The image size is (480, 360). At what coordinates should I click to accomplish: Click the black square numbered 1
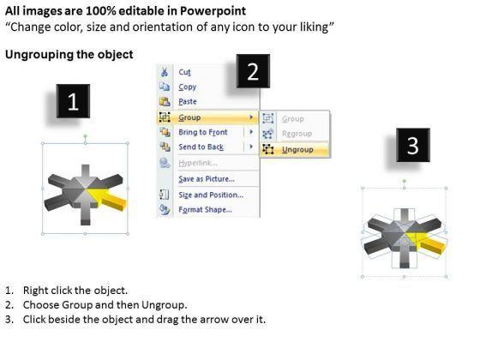[73, 101]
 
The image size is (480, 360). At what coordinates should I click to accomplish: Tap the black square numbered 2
[253, 71]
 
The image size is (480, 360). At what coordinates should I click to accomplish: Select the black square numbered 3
[413, 145]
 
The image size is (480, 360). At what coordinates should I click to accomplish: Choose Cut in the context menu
[184, 72]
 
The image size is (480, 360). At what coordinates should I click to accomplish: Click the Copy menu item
[188, 87]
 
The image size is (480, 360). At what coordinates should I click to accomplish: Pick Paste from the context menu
[188, 102]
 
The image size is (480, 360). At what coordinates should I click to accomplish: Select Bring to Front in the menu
[203, 132]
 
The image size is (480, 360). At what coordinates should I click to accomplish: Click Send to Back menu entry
[201, 147]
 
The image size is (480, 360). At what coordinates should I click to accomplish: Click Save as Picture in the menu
[207, 179]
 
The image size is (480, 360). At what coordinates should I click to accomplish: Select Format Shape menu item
[205, 210]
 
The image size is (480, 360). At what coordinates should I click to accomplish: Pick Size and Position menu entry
[211, 195]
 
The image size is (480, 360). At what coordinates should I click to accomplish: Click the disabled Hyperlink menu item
[198, 163]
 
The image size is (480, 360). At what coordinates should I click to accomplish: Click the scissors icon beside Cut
[165, 72]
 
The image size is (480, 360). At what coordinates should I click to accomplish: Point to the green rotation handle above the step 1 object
[86, 136]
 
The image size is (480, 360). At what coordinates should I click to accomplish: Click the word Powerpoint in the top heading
[213, 11]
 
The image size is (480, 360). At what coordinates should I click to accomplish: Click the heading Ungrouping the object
[69, 55]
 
